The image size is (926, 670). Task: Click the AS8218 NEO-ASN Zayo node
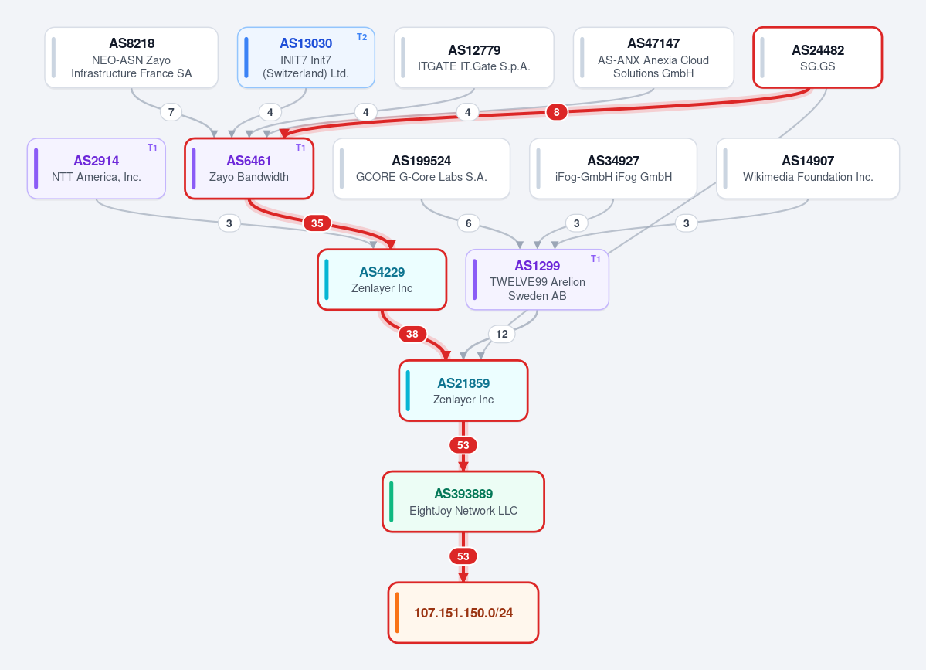pos(131,57)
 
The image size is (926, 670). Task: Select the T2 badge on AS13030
pos(362,37)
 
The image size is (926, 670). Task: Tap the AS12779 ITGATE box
pos(473,57)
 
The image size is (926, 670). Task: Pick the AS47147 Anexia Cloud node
pos(653,57)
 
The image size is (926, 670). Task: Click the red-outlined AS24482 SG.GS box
pos(817,57)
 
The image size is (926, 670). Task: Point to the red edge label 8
pos(556,111)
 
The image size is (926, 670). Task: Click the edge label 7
pos(171,111)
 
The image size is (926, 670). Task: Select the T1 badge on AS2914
pos(152,148)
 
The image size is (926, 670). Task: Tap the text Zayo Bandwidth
pos(249,177)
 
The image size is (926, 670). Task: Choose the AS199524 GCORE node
pos(421,168)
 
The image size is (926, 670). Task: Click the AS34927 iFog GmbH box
pos(613,168)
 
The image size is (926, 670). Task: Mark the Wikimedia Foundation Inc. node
pos(807,168)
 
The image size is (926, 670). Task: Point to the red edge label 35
pos(317,223)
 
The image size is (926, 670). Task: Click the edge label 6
pos(468,223)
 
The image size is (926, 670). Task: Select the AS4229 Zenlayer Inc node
pos(382,280)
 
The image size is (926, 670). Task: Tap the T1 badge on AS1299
pos(596,259)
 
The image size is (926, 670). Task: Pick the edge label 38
pos(412,334)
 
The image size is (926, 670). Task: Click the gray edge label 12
pos(502,334)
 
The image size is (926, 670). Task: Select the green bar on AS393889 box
pos(392,502)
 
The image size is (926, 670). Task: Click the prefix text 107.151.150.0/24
pos(463,613)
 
